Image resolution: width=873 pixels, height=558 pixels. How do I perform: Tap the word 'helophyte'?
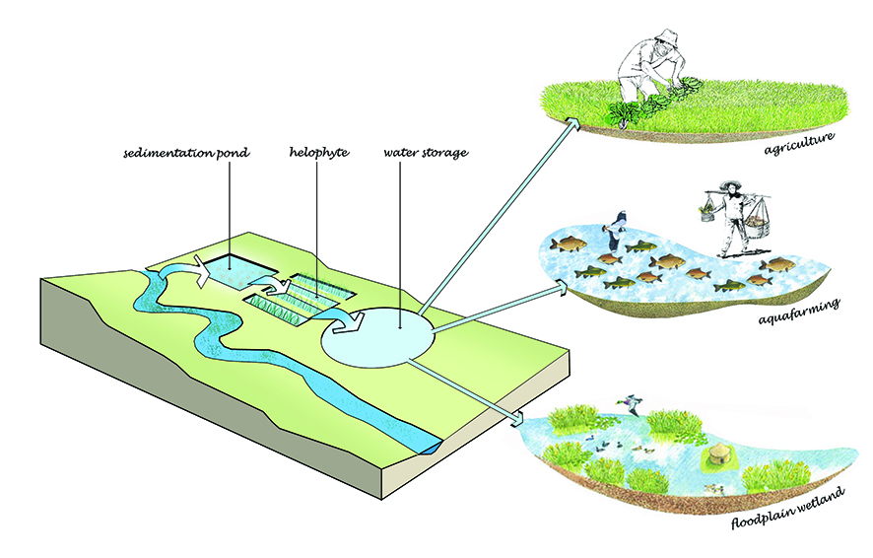[316, 155]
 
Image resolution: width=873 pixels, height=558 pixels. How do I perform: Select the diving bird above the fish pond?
[619, 226]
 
